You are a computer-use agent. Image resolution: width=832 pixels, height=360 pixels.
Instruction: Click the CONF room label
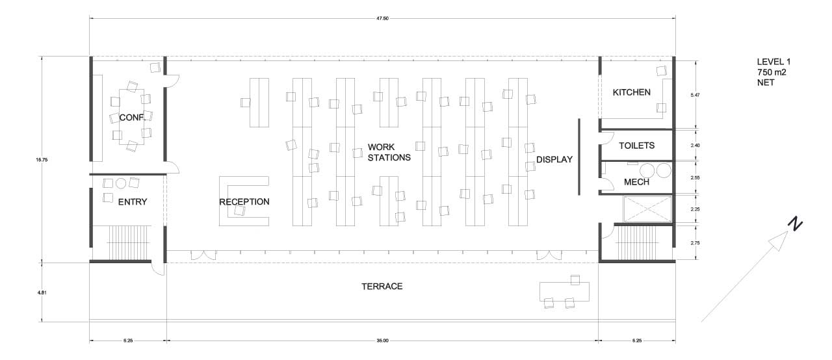(x=131, y=118)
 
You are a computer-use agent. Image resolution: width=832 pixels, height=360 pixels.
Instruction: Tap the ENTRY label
(x=133, y=201)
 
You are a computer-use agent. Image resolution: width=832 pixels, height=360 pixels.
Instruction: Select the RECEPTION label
(x=244, y=201)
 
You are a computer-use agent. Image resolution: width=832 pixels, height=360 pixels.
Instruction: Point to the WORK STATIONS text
(x=389, y=152)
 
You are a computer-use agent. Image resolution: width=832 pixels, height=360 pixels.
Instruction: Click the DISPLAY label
(x=554, y=160)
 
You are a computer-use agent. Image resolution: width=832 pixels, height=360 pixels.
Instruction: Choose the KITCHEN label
(x=631, y=92)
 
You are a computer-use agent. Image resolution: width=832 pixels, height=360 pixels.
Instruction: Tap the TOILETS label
(x=636, y=146)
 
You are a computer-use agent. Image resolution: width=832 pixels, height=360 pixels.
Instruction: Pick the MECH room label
(x=636, y=182)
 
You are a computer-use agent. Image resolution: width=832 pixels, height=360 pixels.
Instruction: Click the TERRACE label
(x=382, y=286)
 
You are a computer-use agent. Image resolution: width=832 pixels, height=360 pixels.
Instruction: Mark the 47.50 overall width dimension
(x=382, y=18)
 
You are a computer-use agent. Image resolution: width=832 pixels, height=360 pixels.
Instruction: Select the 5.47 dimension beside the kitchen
(x=695, y=95)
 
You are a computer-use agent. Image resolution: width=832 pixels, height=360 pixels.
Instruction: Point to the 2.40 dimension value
(x=695, y=145)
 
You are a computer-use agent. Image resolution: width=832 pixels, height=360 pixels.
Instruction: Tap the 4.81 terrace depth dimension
(x=42, y=292)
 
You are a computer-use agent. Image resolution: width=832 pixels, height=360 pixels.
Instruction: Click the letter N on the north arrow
(x=794, y=224)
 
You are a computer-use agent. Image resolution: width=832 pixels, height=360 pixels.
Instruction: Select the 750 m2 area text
(x=772, y=72)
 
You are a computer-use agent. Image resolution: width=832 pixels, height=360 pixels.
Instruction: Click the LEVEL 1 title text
(x=773, y=62)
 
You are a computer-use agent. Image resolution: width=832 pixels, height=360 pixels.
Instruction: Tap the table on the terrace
(x=564, y=291)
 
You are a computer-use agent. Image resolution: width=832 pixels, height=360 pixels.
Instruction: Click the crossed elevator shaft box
(x=647, y=209)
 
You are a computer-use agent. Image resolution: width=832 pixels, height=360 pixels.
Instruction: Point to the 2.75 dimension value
(x=695, y=242)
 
